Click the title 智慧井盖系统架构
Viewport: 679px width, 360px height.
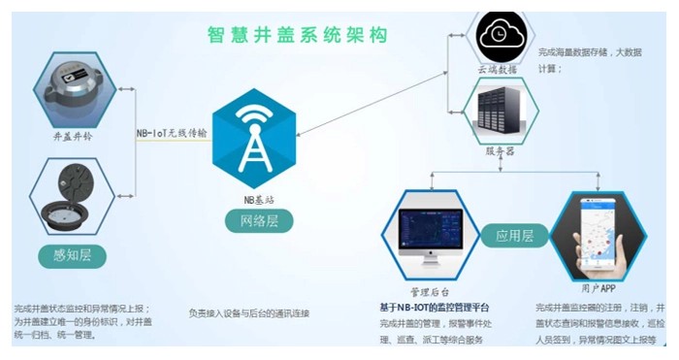pos(298,35)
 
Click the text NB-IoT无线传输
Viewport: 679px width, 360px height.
pos(172,134)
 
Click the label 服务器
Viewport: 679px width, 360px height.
pos(500,151)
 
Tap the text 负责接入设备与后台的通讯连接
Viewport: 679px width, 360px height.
pos(249,312)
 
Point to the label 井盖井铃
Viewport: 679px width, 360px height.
pos(74,136)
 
